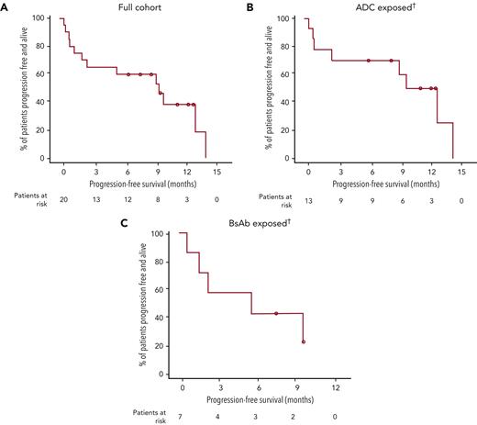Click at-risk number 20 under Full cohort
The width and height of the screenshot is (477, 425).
click(63, 197)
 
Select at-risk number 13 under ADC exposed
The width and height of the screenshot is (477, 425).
click(308, 197)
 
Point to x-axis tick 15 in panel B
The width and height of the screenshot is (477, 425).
click(460, 172)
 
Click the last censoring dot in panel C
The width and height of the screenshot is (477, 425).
click(303, 342)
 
